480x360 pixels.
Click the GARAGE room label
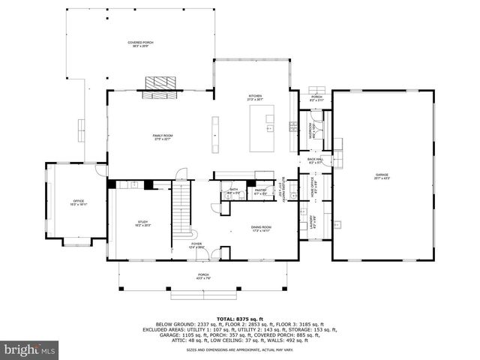coord(382,177)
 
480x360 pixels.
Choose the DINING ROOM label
coord(261,228)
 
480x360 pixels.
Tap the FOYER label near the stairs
coord(196,244)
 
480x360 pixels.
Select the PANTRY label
coord(261,191)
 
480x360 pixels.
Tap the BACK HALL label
coord(315,160)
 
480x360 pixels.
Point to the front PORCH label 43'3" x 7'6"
coord(203,276)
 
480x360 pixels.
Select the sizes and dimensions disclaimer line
coord(240,349)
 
